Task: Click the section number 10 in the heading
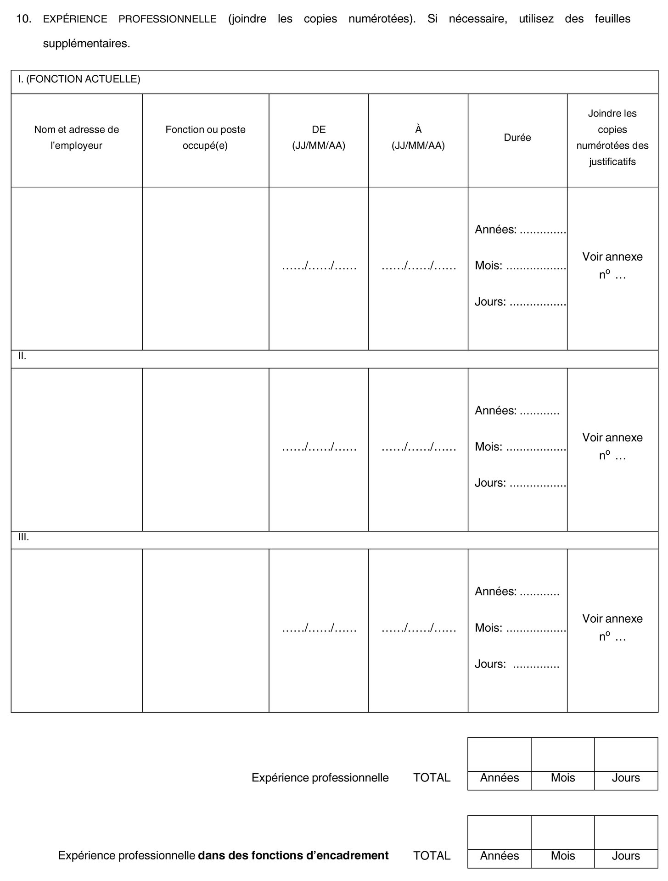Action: pos(23,19)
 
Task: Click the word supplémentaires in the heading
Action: pos(86,44)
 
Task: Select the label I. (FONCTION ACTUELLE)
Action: pos(79,79)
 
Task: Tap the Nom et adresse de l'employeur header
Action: pos(77,138)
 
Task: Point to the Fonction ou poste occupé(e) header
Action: pos(205,138)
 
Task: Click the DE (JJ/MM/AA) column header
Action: pos(319,138)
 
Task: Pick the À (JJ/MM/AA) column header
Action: pos(418,138)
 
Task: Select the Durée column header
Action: pos(517,138)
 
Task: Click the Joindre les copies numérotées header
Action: pos(612,137)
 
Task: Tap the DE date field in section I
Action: pos(319,266)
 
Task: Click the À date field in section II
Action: pos(419,447)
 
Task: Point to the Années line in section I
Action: pos(520,229)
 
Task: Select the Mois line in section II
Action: pos(520,446)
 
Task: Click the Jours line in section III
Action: pos(517,664)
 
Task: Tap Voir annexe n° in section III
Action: pos(612,627)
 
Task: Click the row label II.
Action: pos(22,356)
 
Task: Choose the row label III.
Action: pos(23,537)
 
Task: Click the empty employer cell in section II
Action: pos(77,449)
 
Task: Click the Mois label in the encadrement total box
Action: pos(563,856)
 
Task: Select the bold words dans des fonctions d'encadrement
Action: pos(293,855)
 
